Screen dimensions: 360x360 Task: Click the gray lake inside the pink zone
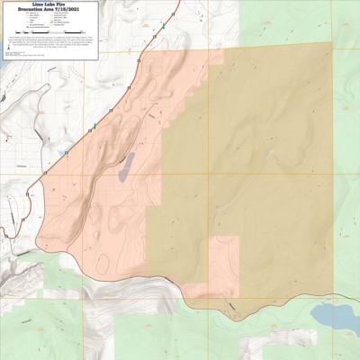click(x=127, y=164)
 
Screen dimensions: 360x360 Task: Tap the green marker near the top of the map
click(x=163, y=26)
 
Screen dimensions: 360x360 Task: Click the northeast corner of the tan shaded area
click(x=330, y=43)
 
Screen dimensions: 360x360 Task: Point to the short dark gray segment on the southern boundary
click(x=232, y=306)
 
